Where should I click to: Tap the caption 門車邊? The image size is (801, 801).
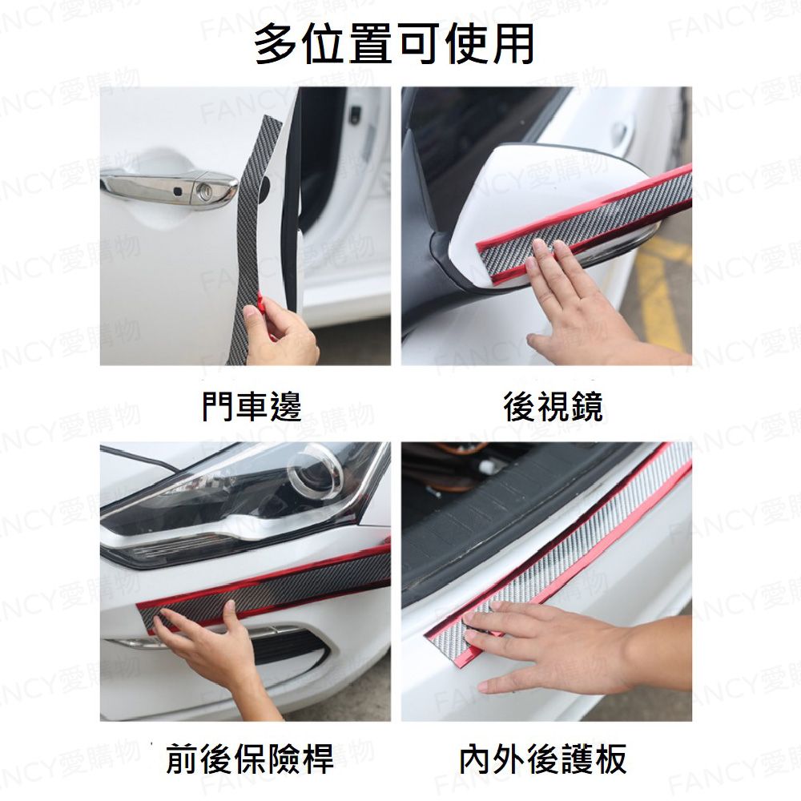pos(252,407)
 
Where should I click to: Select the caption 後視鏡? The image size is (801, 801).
pos(553,407)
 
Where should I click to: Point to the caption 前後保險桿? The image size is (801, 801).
pos(250,759)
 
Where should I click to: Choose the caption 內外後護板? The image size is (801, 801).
pos(542,759)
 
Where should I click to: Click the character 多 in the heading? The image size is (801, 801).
pos(276,45)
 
